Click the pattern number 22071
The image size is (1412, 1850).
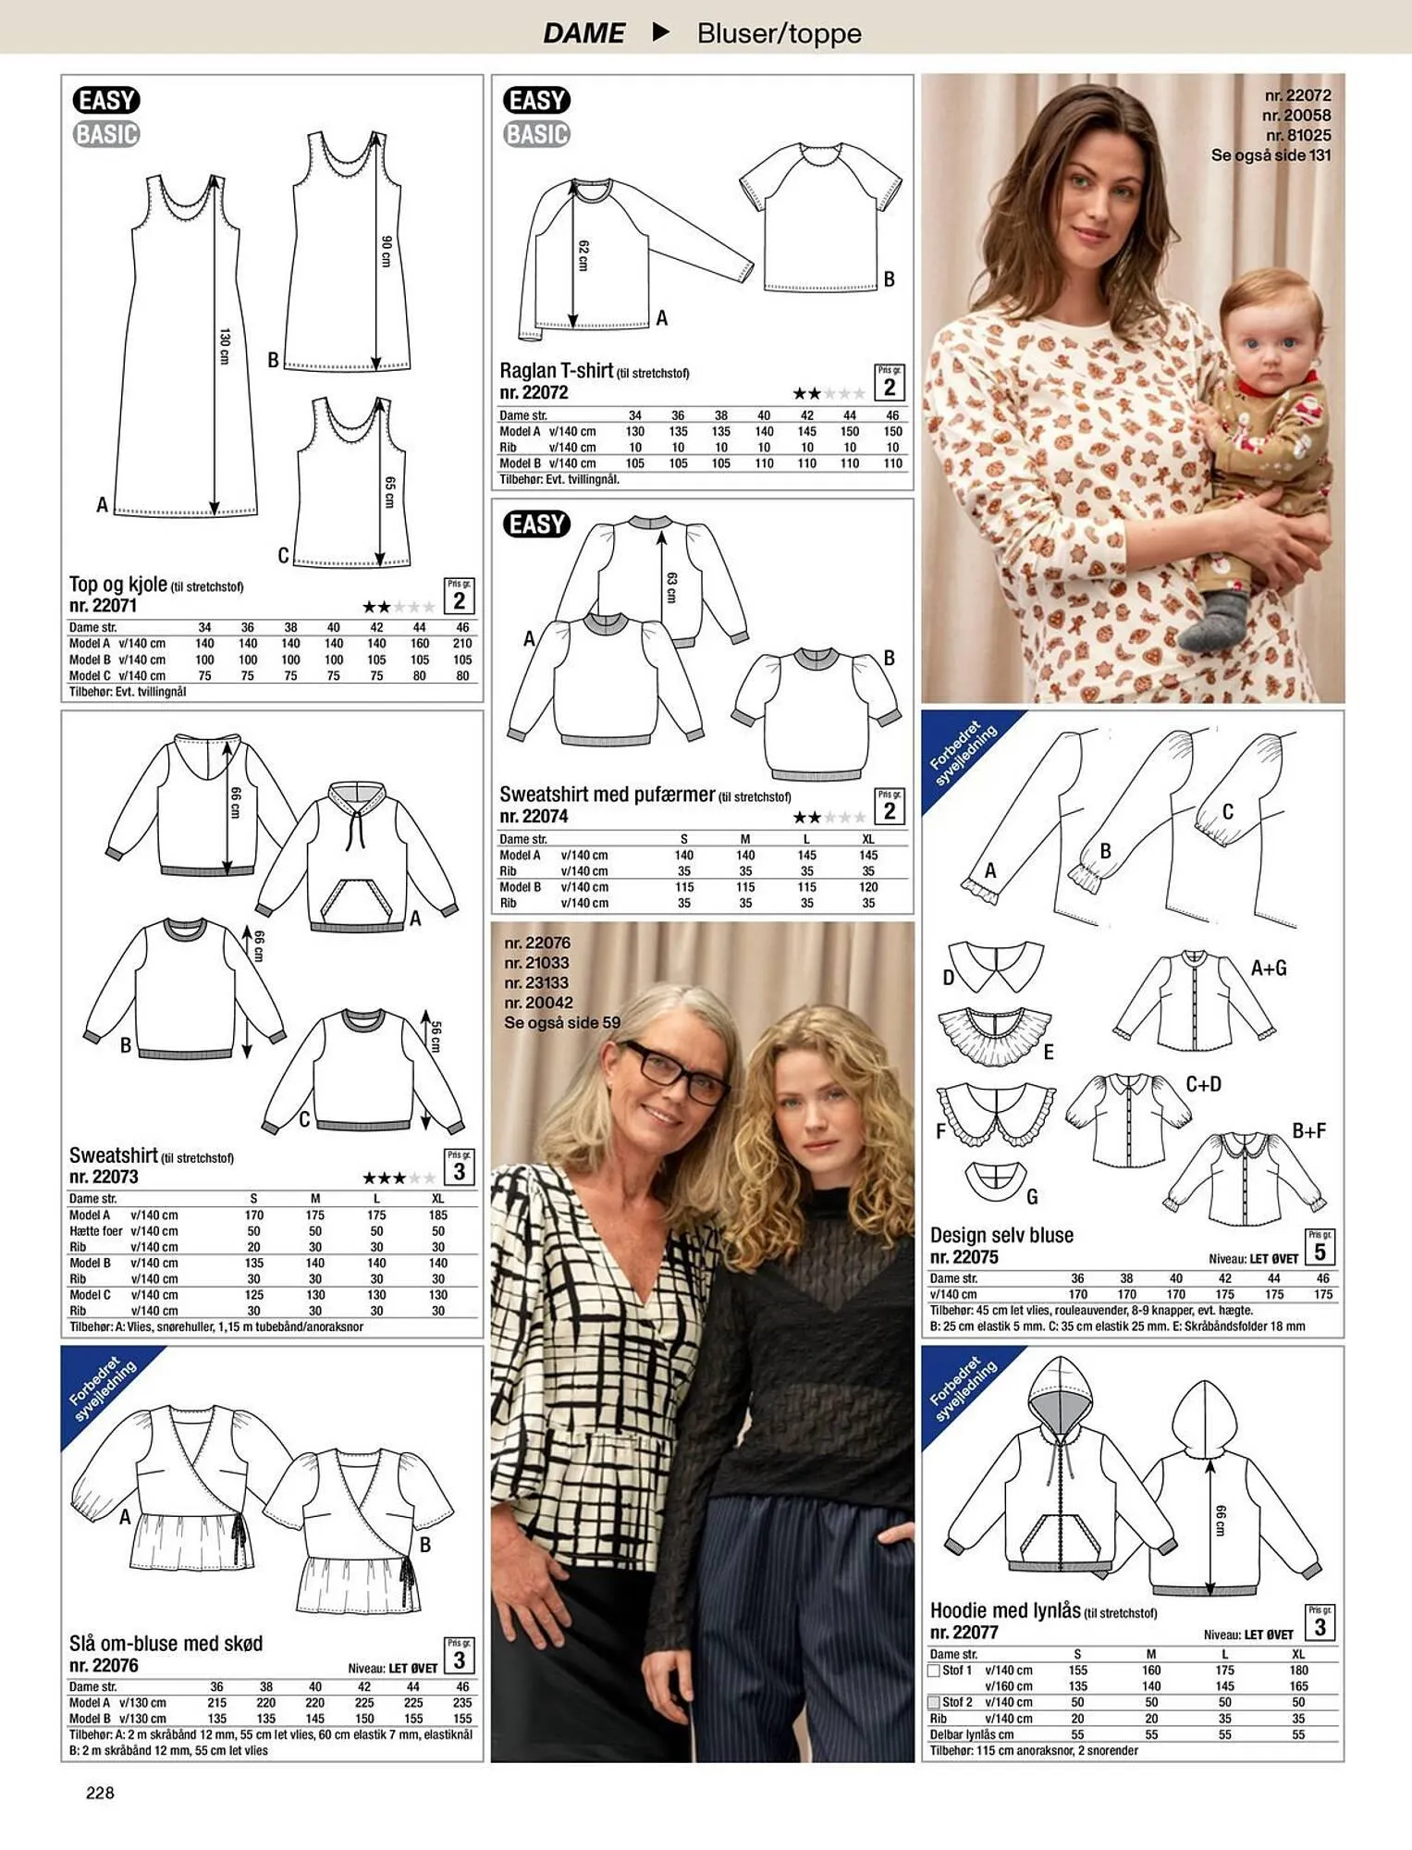(x=103, y=606)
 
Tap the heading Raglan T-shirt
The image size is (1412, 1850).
(x=556, y=371)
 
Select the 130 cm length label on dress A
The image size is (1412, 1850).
(x=224, y=346)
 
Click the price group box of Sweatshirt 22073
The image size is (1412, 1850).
(x=459, y=1167)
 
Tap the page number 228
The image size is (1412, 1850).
(x=100, y=1793)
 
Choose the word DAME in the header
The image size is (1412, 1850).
(x=583, y=33)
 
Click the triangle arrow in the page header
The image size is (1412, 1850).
(x=660, y=32)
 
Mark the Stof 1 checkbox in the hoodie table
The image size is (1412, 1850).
(x=934, y=1671)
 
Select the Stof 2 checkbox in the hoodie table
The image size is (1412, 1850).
(x=934, y=1702)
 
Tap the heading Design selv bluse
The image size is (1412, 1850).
(x=1001, y=1235)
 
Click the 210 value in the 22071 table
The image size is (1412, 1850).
(x=462, y=644)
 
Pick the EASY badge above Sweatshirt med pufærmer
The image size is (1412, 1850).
(x=536, y=524)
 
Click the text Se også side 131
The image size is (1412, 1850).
(x=1271, y=155)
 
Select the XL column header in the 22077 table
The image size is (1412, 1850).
(x=1298, y=1655)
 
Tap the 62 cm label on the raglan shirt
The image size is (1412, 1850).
(x=583, y=255)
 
